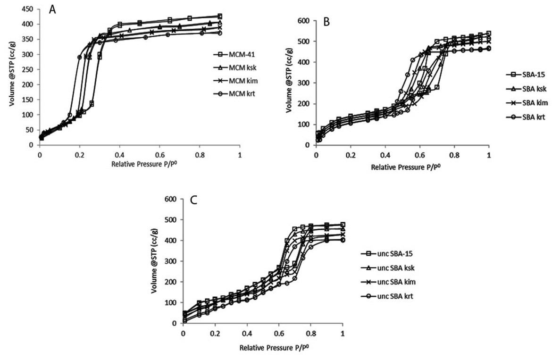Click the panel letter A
point(53,9)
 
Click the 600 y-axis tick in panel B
point(304,21)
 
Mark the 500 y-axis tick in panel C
point(170,220)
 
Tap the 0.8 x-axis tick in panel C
point(311,333)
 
